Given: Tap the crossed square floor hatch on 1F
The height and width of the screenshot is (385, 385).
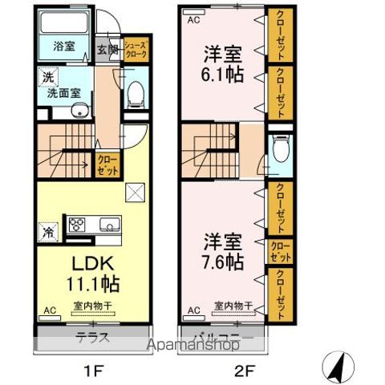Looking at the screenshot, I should (x=135, y=192).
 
